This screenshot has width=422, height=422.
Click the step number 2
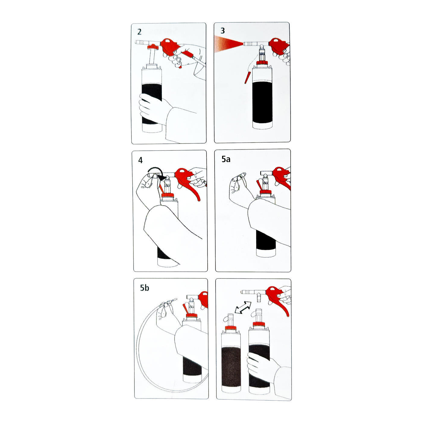tap(139, 32)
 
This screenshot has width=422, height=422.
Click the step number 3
tap(222, 31)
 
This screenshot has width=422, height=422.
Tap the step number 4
tap(140, 160)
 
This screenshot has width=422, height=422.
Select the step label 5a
tap(226, 159)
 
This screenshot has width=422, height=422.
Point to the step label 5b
tap(145, 288)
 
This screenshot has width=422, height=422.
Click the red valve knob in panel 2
tap(153, 47)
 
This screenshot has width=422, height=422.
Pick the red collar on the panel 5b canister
tap(192, 316)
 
